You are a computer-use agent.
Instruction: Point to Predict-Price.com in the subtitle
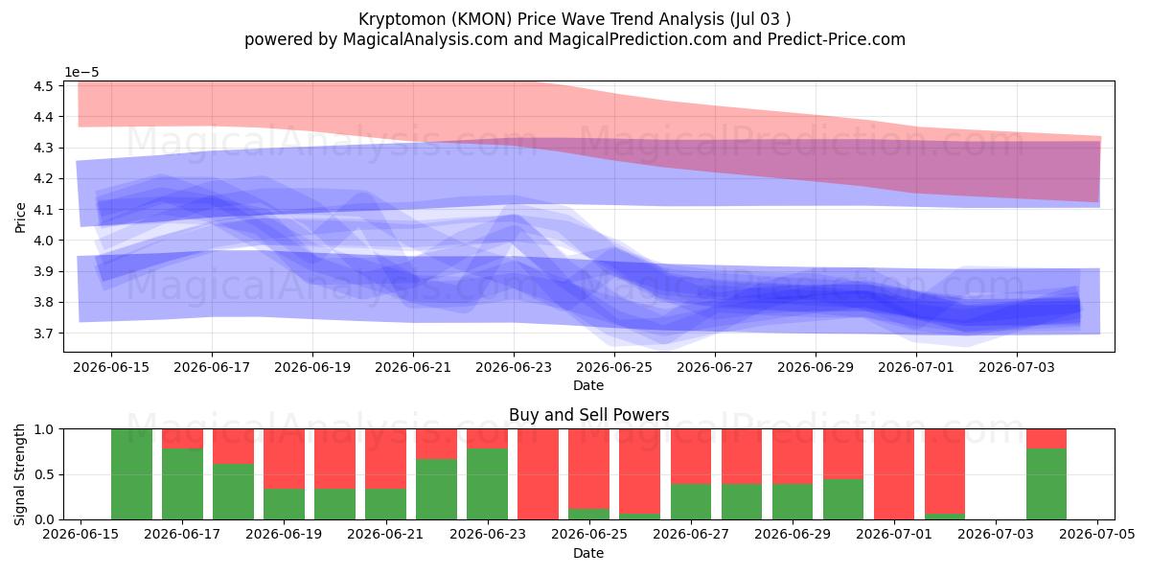(837, 39)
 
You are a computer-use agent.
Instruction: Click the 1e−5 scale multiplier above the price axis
(81, 73)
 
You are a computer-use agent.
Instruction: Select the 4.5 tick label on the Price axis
(44, 85)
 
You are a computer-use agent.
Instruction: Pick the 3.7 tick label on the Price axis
(44, 333)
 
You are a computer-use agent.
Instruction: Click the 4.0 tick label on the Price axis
(44, 241)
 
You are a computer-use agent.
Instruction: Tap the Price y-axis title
(20, 218)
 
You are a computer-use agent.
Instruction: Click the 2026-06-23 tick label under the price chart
(514, 368)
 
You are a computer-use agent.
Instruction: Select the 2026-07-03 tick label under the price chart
(1017, 368)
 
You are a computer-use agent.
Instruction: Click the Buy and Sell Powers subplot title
(588, 415)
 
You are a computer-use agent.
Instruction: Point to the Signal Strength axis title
(20, 474)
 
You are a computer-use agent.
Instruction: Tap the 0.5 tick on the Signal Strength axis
(44, 474)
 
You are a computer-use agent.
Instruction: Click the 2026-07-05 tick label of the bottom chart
(1097, 535)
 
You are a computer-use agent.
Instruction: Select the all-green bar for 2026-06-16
(132, 474)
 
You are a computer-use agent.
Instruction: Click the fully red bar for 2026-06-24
(538, 474)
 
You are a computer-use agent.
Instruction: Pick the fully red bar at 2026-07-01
(894, 474)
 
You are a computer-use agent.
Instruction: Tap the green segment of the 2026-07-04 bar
(1046, 484)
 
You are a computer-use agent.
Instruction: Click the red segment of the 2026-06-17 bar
(182, 439)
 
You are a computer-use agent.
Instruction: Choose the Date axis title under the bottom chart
(588, 554)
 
